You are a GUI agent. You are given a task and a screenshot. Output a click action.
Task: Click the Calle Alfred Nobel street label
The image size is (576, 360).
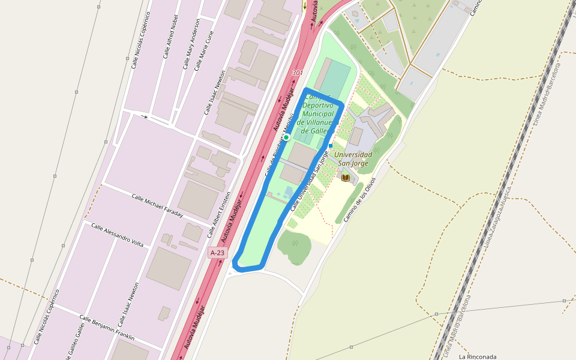pyautogui.click(x=170, y=37)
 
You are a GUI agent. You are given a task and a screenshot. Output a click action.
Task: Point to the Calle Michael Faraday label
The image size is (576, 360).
pyautogui.click(x=157, y=206)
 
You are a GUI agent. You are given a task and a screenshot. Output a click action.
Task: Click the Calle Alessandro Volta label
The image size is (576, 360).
pyautogui.click(x=118, y=235)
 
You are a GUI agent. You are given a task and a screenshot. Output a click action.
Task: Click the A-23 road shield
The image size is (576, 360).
pyautogui.click(x=218, y=253)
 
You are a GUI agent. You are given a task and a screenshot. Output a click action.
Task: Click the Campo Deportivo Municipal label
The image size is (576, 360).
pyautogui.click(x=319, y=113)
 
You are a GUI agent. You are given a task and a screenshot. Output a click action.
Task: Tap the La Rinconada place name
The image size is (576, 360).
pyautogui.click(x=478, y=356)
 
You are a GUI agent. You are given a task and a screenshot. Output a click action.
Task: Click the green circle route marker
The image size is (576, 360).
pyautogui.click(x=286, y=137)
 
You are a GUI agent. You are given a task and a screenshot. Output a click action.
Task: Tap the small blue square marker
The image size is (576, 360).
pyautogui.click(x=330, y=145)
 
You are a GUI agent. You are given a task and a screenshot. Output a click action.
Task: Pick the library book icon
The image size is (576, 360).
pyautogui.click(x=346, y=177)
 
